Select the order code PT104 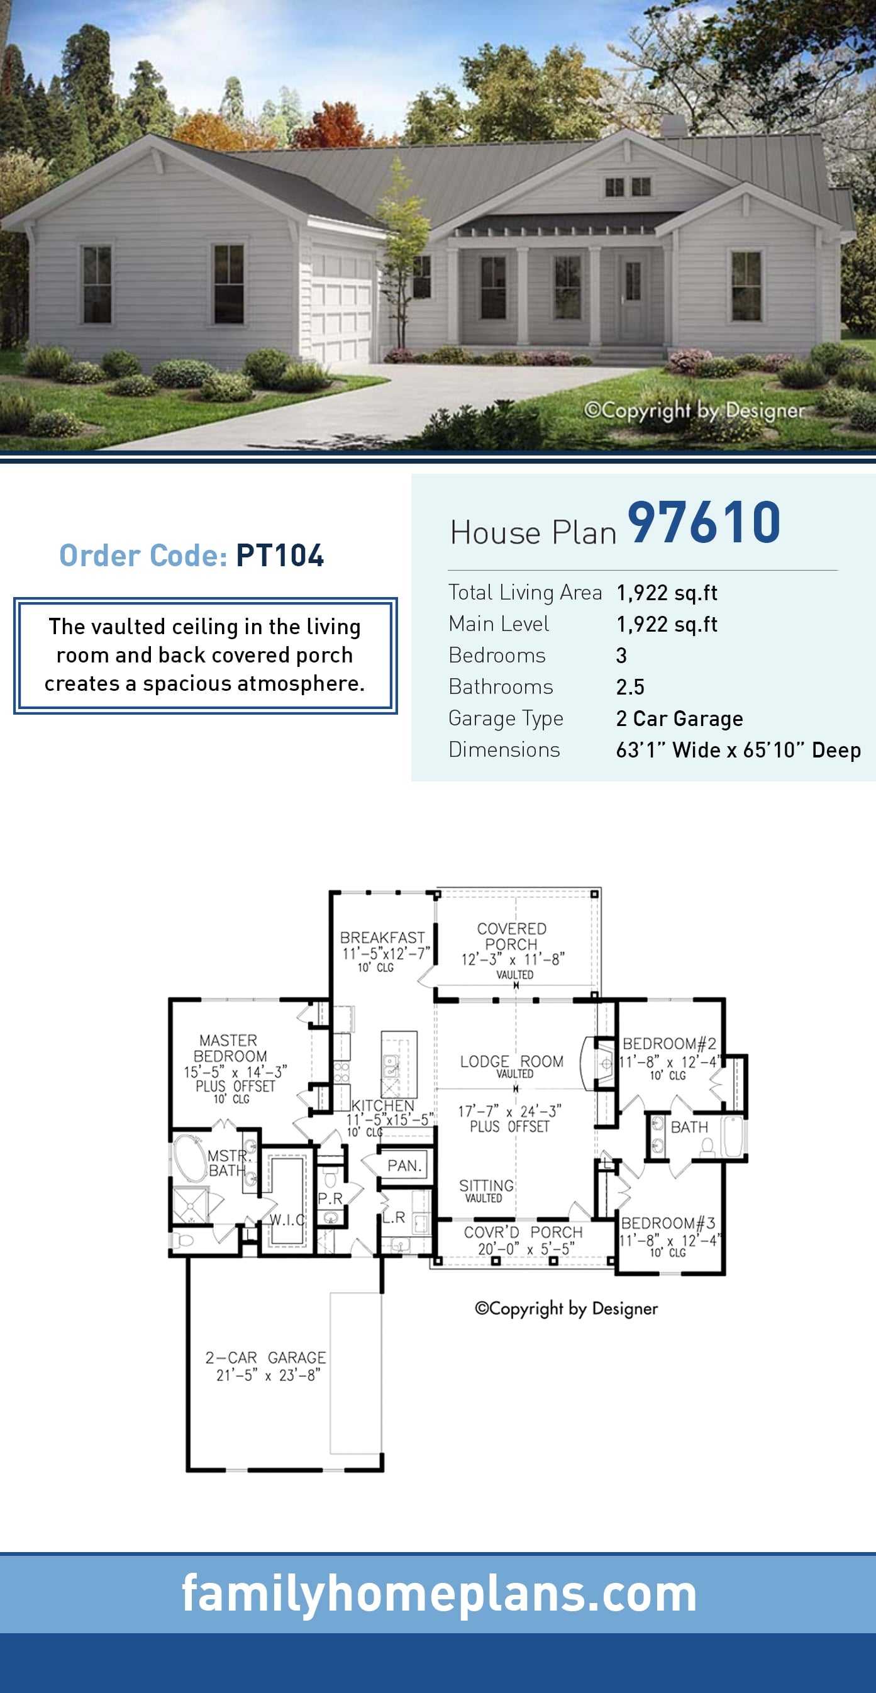click(279, 556)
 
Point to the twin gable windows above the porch click(627, 187)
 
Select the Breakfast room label click(382, 937)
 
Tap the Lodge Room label click(511, 1061)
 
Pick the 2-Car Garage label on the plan click(265, 1357)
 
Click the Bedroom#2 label click(669, 1044)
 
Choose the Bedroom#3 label click(668, 1223)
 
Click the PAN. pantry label click(404, 1165)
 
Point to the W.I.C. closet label click(287, 1220)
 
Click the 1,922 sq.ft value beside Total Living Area click(667, 593)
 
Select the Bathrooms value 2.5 click(630, 687)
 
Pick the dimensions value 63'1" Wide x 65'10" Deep click(738, 750)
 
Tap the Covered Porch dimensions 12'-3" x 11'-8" click(513, 959)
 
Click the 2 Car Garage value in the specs click(679, 718)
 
